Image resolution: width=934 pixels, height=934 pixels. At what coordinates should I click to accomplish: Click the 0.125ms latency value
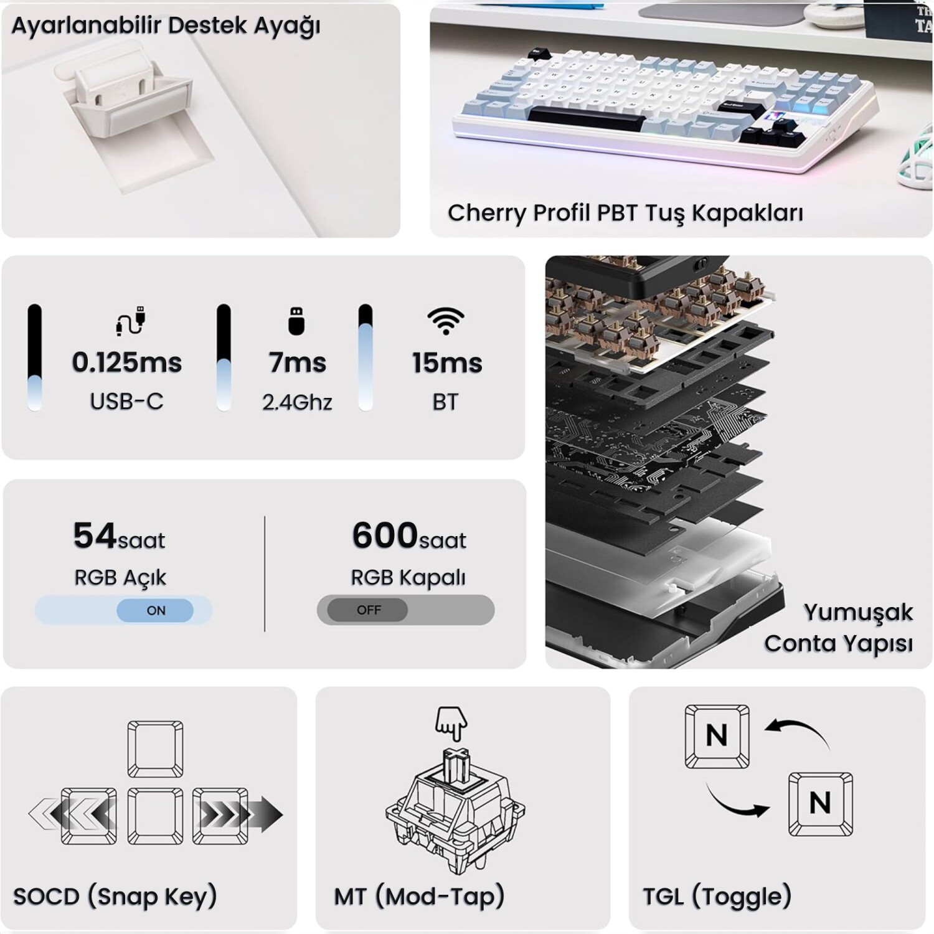click(x=127, y=362)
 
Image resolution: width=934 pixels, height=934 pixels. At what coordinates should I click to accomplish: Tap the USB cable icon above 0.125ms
click(x=131, y=321)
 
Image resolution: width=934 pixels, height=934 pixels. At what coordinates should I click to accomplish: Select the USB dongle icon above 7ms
click(x=297, y=321)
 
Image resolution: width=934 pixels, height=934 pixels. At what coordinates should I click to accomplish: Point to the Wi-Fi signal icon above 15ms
click(x=446, y=321)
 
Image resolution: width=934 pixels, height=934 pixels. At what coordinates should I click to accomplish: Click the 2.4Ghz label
click(x=297, y=402)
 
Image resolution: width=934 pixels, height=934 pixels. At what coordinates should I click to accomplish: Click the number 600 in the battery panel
click(x=385, y=535)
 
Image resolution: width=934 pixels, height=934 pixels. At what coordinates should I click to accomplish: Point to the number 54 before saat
click(x=95, y=535)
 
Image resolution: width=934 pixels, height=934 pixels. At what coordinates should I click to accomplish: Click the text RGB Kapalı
click(x=408, y=578)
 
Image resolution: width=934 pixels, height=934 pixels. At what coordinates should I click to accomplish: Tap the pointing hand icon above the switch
click(x=451, y=724)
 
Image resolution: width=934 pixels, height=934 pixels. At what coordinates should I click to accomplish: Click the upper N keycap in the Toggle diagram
click(x=717, y=737)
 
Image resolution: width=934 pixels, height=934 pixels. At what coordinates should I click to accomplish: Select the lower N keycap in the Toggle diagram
click(x=820, y=803)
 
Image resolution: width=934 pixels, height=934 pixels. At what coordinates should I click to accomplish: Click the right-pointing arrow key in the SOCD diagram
click(x=220, y=816)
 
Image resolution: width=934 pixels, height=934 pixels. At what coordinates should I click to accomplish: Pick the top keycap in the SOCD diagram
click(x=155, y=749)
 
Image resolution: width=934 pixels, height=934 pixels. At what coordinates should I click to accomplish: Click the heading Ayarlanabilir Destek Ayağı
click(x=166, y=26)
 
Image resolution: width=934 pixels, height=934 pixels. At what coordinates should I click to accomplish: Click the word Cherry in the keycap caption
click(x=487, y=214)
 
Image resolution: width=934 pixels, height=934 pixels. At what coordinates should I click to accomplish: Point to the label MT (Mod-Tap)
click(x=419, y=897)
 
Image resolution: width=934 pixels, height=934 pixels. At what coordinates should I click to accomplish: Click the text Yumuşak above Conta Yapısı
click(x=858, y=613)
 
